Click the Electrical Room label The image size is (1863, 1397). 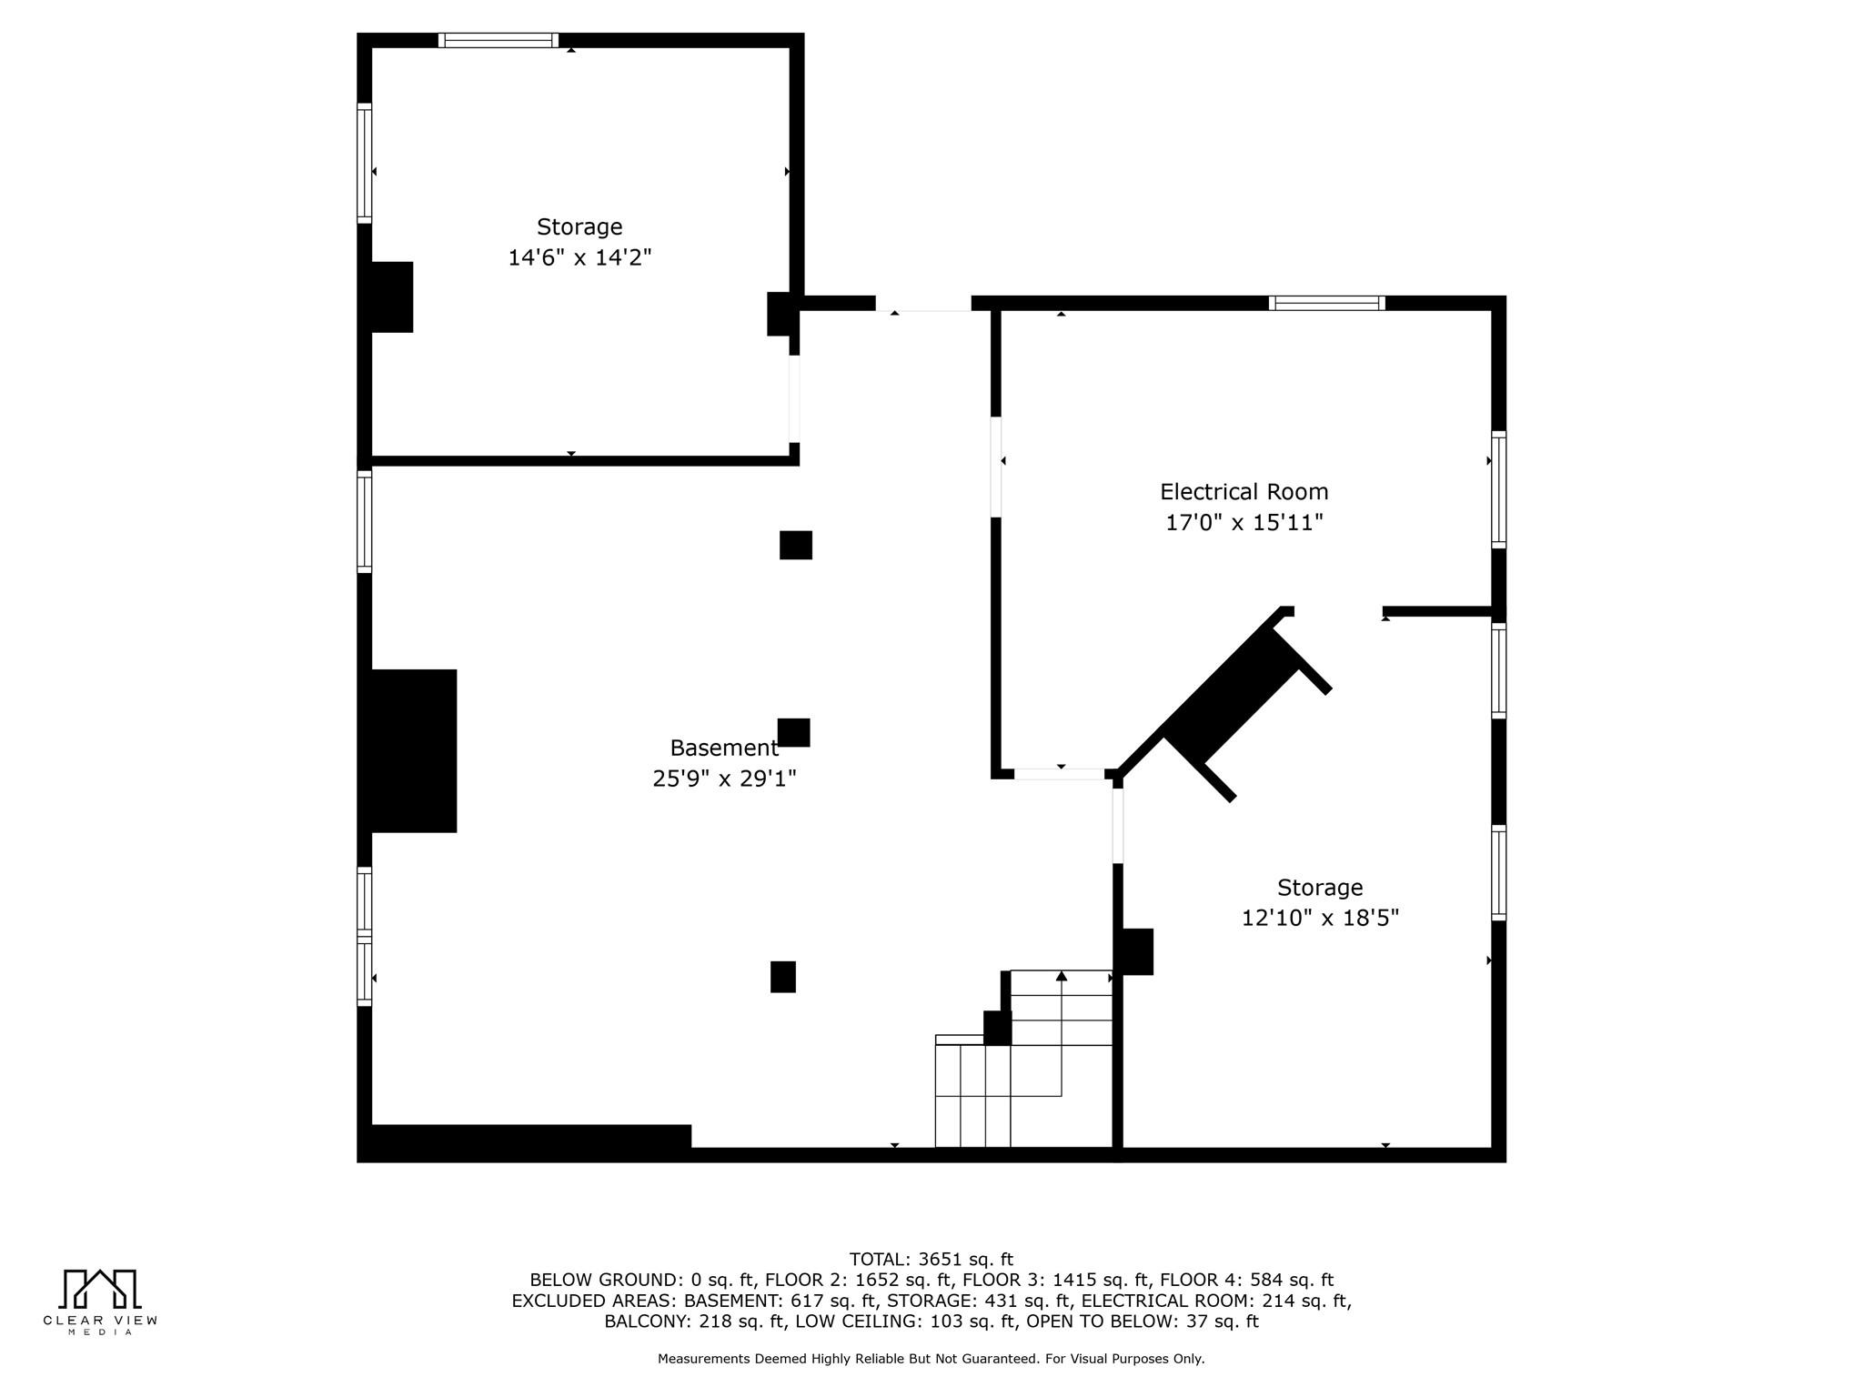[x=1244, y=492]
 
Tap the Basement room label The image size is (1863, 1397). [x=724, y=749]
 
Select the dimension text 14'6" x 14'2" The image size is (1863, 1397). [x=579, y=257]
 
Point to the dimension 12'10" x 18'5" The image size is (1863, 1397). [x=1320, y=918]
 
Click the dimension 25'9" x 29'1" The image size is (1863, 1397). [x=724, y=779]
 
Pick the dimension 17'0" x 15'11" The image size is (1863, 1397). [x=1244, y=523]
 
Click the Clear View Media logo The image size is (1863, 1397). [x=100, y=1302]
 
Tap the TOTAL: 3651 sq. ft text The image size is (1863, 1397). [x=931, y=1260]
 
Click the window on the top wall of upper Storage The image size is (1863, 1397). [x=498, y=40]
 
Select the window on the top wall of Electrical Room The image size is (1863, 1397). [x=1327, y=303]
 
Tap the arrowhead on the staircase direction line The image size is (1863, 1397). [x=1061, y=976]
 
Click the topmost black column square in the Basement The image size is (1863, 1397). [x=796, y=545]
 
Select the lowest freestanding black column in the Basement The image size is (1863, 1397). [x=783, y=977]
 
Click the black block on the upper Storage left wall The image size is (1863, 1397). [x=391, y=297]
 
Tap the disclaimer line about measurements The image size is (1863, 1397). [x=931, y=1359]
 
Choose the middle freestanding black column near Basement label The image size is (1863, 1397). [x=793, y=732]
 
